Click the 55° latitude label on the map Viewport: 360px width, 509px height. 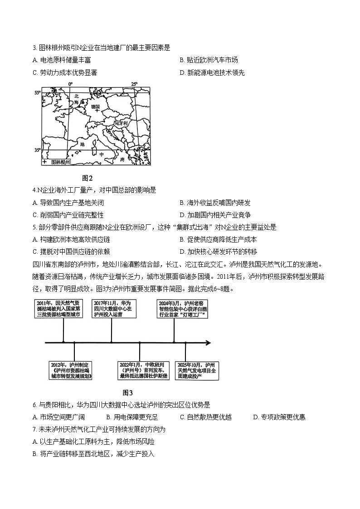pos(38,92)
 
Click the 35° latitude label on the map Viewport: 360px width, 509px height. pos(38,150)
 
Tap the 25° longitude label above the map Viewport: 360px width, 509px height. pos(134,84)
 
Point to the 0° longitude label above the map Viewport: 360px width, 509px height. pos(70,84)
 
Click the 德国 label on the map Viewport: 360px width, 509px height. pos(95,107)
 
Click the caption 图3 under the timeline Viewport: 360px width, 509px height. pos(128,393)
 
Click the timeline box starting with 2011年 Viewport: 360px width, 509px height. pos(58,309)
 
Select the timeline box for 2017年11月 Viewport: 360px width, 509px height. pos(112,309)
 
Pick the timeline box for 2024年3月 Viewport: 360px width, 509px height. pos(183,309)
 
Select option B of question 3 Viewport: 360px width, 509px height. pos(209,60)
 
